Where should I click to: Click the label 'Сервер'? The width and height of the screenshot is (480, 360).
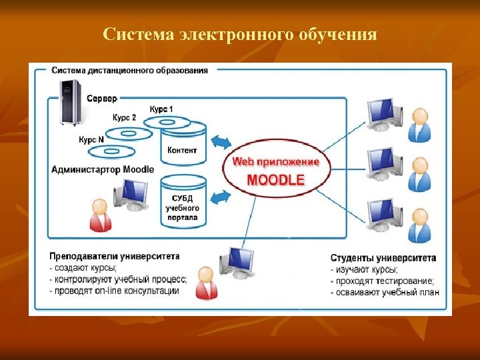(x=101, y=98)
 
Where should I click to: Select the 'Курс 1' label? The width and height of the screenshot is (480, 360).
(x=161, y=109)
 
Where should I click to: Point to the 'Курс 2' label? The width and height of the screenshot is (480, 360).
(x=124, y=117)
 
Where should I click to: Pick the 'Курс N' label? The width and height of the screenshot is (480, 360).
(x=91, y=140)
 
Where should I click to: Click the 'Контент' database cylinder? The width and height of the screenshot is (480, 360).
(x=182, y=148)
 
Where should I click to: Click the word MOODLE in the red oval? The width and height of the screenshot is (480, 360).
(x=275, y=179)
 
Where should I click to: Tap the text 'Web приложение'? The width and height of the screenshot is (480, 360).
(x=275, y=162)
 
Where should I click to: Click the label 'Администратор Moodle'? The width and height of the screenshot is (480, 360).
(x=103, y=169)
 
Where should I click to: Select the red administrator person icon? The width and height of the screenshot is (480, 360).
(x=100, y=215)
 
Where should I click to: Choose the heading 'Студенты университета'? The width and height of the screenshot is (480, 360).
(x=383, y=258)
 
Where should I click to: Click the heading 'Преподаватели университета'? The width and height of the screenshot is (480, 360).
(x=114, y=256)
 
